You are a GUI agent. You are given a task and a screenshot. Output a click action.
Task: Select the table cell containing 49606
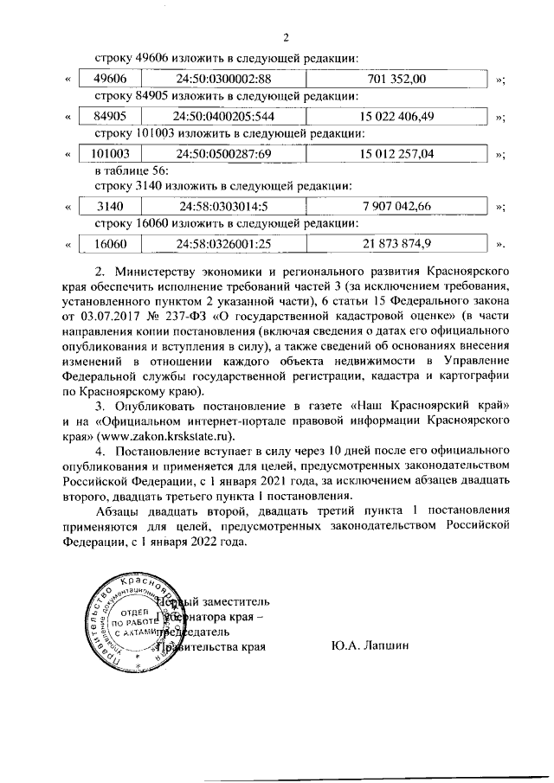click(x=110, y=80)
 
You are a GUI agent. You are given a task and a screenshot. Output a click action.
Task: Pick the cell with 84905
click(x=110, y=116)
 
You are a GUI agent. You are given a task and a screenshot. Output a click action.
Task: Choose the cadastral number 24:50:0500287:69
click(x=223, y=153)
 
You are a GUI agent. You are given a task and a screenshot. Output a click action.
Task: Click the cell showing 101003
click(x=110, y=153)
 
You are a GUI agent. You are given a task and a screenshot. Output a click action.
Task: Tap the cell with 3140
click(x=110, y=206)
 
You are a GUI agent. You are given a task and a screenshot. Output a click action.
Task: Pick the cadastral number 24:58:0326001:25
click(x=223, y=243)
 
